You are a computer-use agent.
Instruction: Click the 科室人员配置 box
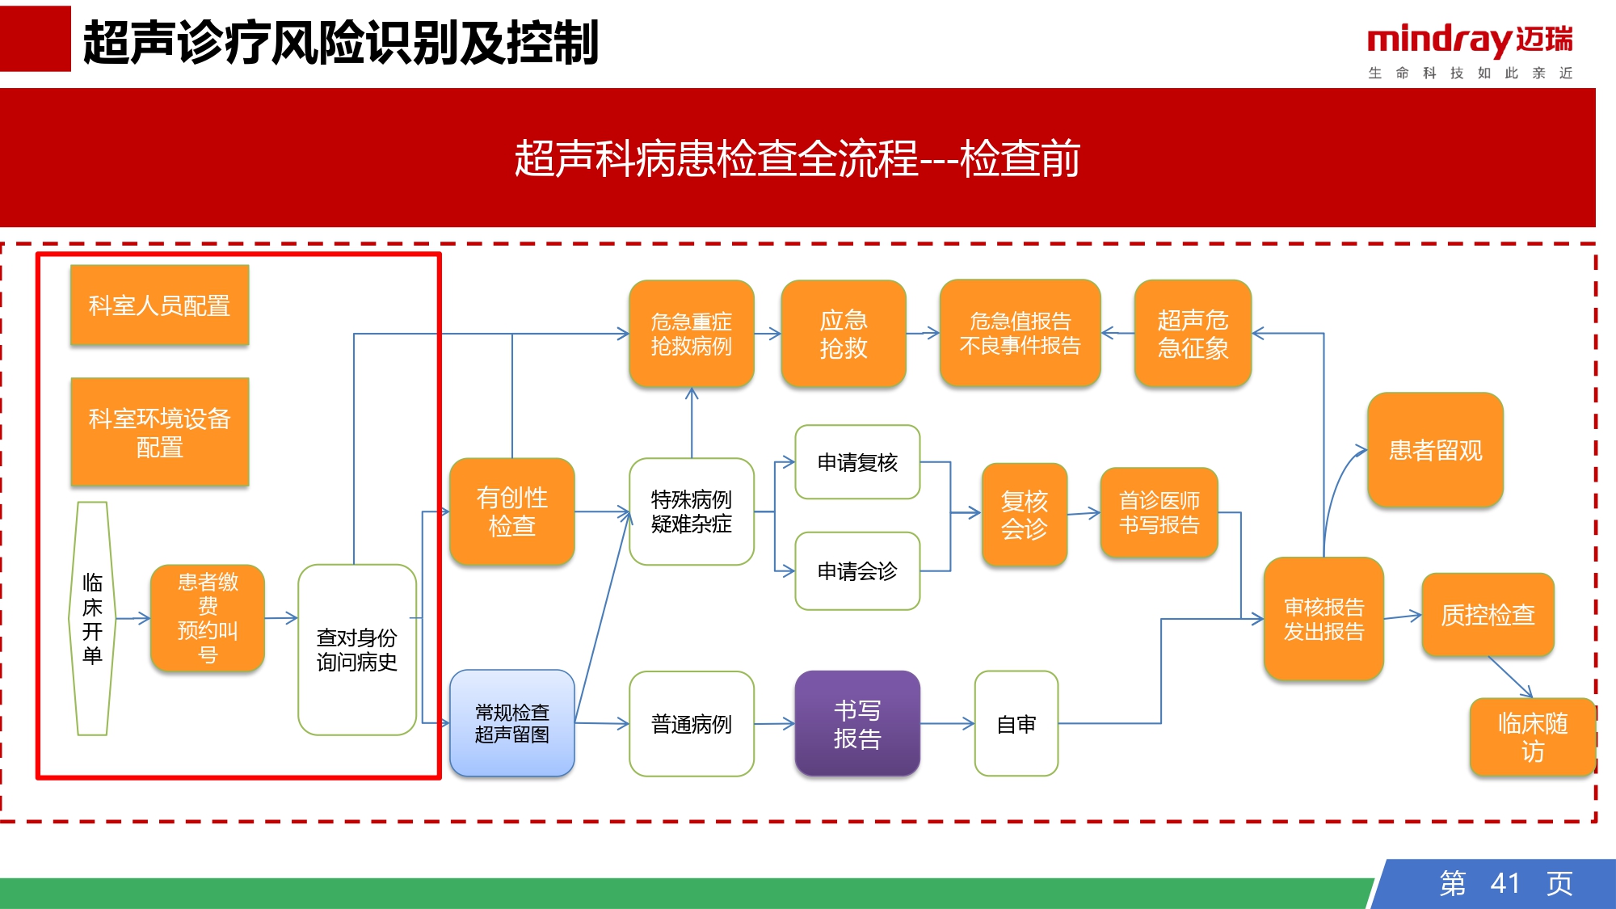click(160, 305)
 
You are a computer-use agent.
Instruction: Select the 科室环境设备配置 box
click(160, 431)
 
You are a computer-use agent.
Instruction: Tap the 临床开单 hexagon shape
click(92, 618)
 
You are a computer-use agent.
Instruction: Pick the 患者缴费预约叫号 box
click(208, 618)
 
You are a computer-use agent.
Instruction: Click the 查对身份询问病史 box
click(357, 650)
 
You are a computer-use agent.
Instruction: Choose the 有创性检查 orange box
click(512, 511)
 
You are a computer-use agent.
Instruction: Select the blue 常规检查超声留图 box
click(512, 723)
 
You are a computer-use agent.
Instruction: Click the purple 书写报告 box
click(857, 723)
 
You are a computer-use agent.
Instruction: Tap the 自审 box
click(1016, 723)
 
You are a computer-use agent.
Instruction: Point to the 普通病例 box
click(692, 723)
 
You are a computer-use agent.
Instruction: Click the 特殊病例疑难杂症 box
click(692, 511)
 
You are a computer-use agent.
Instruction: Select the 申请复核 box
click(857, 462)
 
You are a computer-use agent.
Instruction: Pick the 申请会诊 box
click(857, 570)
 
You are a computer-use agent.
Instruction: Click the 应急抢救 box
click(844, 334)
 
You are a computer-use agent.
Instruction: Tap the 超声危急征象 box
click(1193, 334)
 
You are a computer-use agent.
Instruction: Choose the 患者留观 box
click(1436, 450)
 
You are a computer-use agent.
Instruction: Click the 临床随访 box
click(1533, 737)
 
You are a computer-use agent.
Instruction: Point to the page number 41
click(1505, 883)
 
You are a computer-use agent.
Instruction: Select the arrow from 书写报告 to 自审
click(948, 724)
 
